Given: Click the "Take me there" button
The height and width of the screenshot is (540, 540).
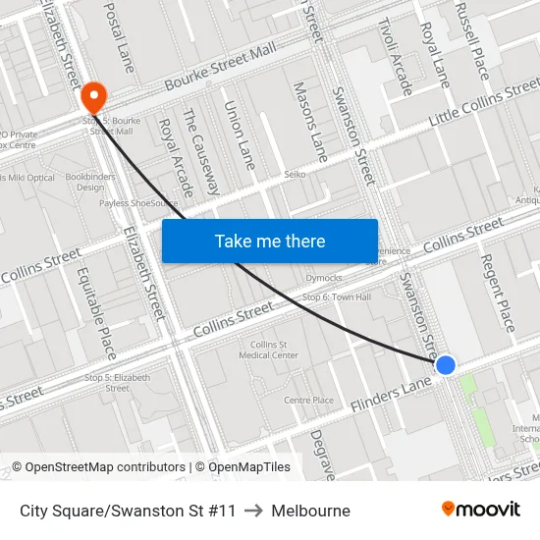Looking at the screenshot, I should coord(270,241).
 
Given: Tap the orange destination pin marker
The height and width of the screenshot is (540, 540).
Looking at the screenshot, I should coord(94,96).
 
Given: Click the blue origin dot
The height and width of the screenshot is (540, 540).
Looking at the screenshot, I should coord(445,365).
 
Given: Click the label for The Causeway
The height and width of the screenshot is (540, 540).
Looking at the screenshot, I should coord(200,151).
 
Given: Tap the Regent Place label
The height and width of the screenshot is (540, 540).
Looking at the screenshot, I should coord(496,292).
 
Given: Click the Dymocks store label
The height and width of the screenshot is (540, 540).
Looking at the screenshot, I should coord(324,277).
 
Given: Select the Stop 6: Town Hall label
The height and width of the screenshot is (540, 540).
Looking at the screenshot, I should coord(337,297).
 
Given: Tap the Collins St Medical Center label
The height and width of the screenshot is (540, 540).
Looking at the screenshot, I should coord(274,350).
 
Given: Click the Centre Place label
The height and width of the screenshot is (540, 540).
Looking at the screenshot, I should coord(308,400).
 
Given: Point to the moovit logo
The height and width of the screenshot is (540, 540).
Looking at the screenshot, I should coord(480,510).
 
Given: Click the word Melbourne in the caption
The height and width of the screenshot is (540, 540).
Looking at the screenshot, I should coord(310,511).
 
